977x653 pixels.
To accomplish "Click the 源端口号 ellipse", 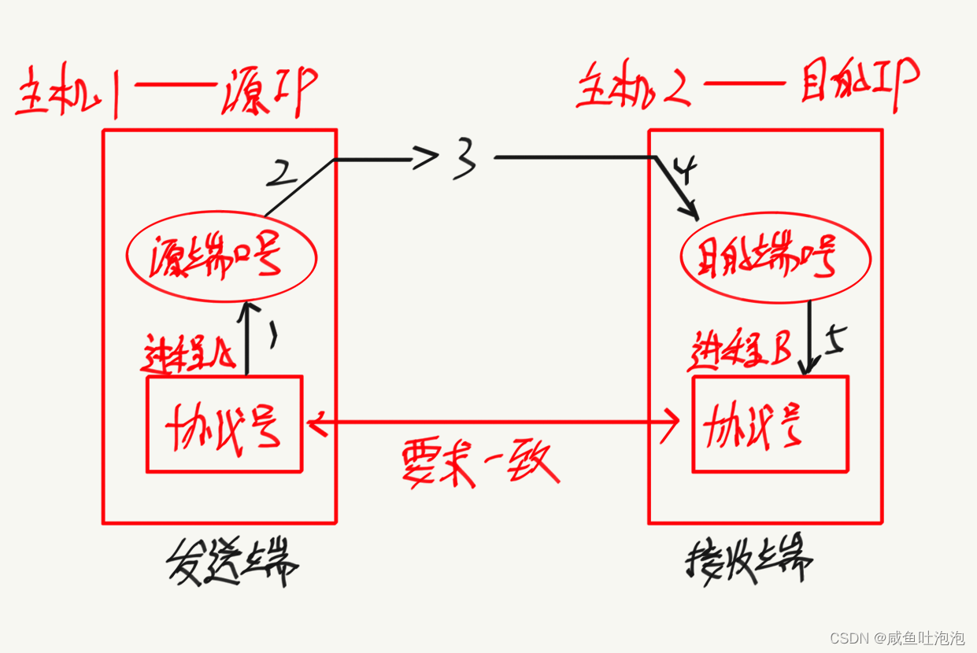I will (x=221, y=257).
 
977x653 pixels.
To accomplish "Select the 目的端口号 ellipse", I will (x=775, y=258).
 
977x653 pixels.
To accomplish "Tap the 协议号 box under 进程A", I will (x=224, y=425).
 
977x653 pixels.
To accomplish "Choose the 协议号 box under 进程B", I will (x=770, y=425).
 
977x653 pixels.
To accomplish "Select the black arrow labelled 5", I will (x=808, y=338).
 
